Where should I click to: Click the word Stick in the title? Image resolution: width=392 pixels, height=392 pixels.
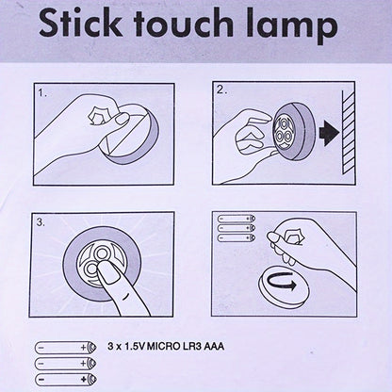[x=81, y=23]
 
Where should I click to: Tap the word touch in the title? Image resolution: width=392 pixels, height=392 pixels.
[x=184, y=23]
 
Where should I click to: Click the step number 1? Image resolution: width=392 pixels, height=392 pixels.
[x=42, y=93]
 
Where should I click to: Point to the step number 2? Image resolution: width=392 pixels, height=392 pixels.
[x=221, y=90]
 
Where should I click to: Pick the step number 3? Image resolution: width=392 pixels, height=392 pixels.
[x=41, y=222]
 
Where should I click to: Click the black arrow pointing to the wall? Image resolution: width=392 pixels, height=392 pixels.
[x=329, y=133]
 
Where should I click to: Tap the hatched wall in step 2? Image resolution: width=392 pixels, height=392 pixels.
[x=349, y=131]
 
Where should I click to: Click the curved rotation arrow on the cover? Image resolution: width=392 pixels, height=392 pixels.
[x=283, y=282]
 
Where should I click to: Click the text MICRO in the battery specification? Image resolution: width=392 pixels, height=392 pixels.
[x=164, y=347]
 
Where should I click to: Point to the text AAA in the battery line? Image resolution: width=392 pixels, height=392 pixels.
[x=214, y=347]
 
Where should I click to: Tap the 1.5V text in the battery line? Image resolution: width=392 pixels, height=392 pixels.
[x=135, y=347]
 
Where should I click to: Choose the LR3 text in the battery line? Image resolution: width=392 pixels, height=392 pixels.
[x=192, y=347]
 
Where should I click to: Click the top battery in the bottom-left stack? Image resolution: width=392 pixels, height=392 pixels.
[x=66, y=348]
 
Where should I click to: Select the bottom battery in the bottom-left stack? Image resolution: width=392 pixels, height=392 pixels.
[x=66, y=379]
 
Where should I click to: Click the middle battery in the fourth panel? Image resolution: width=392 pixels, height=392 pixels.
[x=237, y=228]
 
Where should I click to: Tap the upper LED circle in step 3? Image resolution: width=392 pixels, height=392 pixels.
[x=102, y=253]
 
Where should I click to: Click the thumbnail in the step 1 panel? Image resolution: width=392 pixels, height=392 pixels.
[x=122, y=118]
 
